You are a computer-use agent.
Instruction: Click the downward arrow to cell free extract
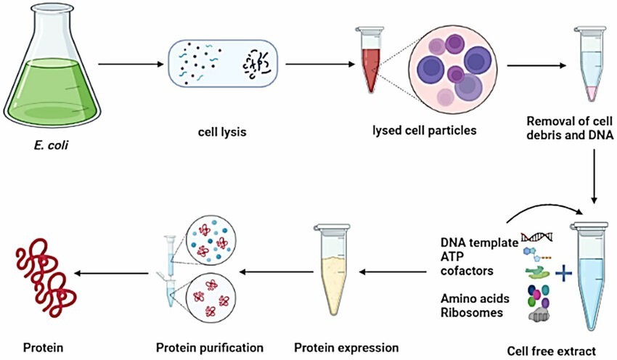[x=595, y=173]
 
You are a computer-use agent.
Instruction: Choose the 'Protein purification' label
[x=210, y=346]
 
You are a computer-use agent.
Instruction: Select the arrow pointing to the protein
[x=113, y=273]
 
